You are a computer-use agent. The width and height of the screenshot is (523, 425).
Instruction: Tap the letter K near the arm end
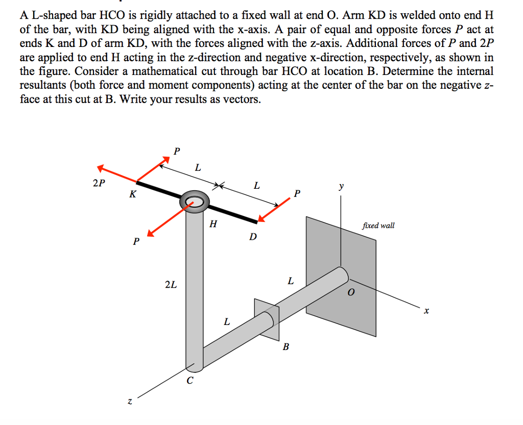coord(133,194)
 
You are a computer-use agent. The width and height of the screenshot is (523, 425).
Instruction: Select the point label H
coord(213,223)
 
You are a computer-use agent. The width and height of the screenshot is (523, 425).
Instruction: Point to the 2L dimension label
coord(171,285)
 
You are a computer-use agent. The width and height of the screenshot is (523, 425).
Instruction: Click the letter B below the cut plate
coord(286,347)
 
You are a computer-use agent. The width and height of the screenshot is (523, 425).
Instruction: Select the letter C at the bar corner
coord(190,380)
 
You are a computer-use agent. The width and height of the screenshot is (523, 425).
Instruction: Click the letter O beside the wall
coord(350,293)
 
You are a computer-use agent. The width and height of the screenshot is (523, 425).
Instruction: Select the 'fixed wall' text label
coord(378,225)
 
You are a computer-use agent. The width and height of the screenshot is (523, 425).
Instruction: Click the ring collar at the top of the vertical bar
coord(194,202)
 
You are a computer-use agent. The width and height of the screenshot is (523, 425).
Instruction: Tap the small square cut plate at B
coord(267,319)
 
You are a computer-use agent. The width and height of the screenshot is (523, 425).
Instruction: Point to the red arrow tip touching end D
coord(261,219)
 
